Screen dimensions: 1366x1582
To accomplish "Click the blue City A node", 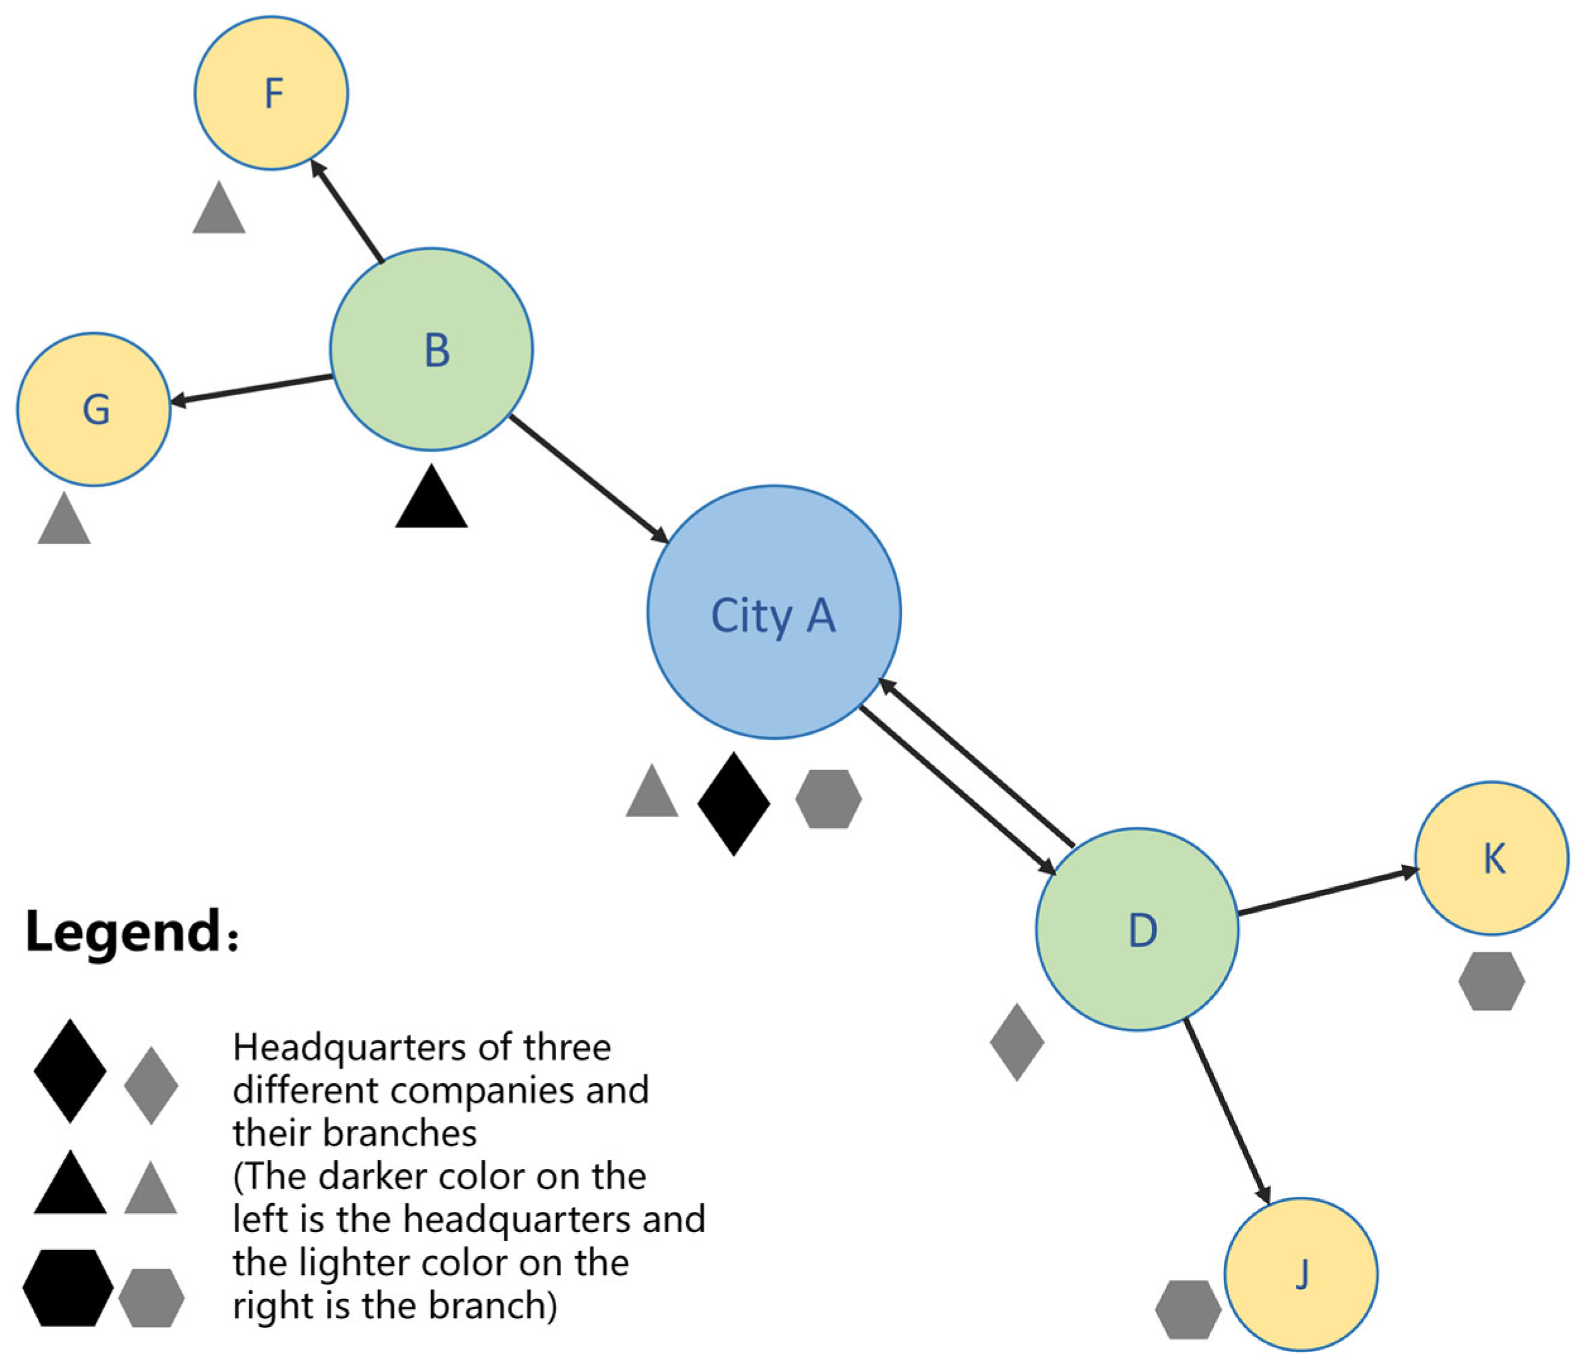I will [x=773, y=612].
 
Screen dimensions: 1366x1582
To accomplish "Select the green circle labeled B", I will [x=431, y=349].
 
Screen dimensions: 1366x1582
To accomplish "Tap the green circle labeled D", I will [x=1137, y=929].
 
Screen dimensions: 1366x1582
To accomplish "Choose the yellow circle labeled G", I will [x=94, y=409].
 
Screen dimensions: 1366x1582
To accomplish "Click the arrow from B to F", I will [x=347, y=211].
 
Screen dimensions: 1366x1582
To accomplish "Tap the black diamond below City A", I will [x=734, y=804].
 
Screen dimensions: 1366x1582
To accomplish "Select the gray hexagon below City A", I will [x=828, y=799].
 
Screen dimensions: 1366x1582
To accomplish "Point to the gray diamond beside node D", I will [x=1016, y=1042].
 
